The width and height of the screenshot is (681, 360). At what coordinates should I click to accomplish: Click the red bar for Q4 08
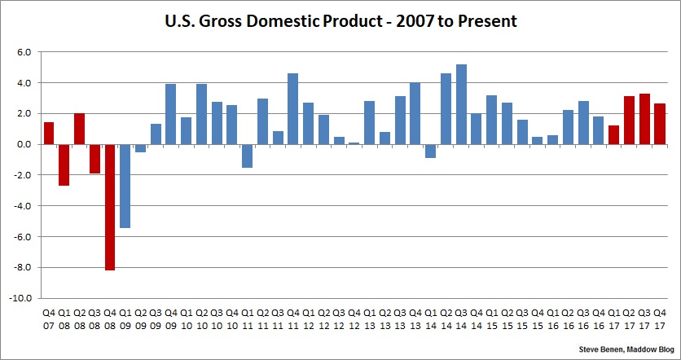tap(110, 207)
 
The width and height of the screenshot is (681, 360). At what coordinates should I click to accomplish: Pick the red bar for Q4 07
tap(49, 133)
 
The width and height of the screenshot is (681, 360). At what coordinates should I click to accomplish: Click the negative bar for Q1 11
tap(248, 156)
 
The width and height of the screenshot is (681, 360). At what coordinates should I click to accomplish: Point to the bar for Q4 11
tap(293, 108)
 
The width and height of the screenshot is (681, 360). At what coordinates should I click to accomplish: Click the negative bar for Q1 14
tap(431, 151)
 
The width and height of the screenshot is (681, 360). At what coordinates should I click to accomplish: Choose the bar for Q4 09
tap(171, 114)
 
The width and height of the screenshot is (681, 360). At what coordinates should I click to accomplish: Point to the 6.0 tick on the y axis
tap(24, 52)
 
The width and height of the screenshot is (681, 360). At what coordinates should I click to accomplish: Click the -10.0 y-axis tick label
tap(20, 299)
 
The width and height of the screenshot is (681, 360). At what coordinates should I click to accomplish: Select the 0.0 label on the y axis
tap(24, 144)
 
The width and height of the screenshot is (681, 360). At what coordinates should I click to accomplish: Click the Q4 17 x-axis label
tap(660, 318)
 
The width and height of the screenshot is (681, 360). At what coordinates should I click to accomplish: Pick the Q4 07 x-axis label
tap(49, 318)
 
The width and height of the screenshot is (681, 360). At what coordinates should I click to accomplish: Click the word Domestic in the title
tap(291, 21)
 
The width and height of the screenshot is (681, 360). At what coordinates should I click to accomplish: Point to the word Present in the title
tap(488, 21)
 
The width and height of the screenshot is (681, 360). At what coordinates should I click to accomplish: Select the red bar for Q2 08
tap(79, 129)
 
